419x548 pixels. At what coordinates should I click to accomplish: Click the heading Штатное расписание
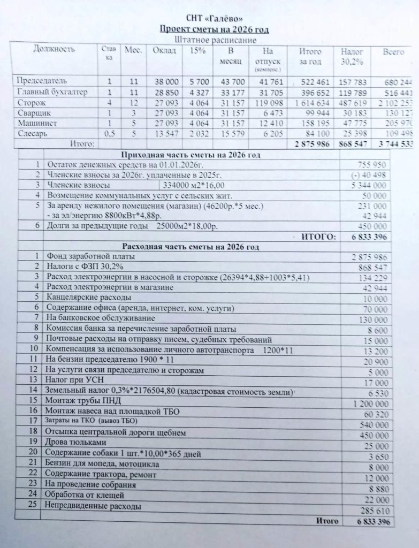tap(208, 40)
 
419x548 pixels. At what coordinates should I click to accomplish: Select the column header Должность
tap(54, 50)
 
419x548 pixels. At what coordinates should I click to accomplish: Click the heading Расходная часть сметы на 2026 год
tap(191, 247)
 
